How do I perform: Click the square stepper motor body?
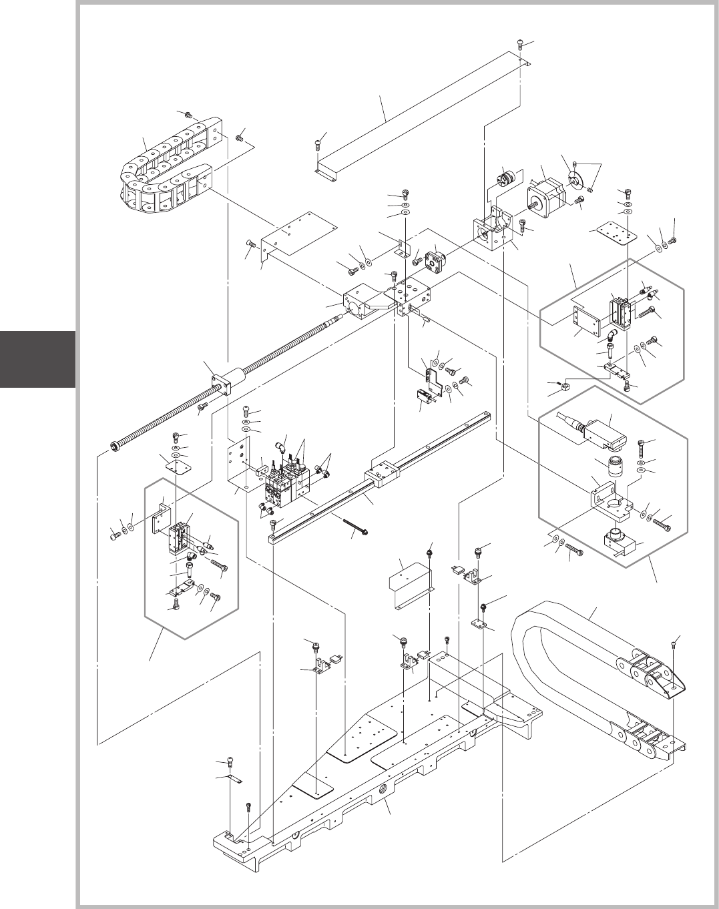[546, 194]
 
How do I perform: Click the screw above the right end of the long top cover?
[521, 44]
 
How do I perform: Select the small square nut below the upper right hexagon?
[568, 386]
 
